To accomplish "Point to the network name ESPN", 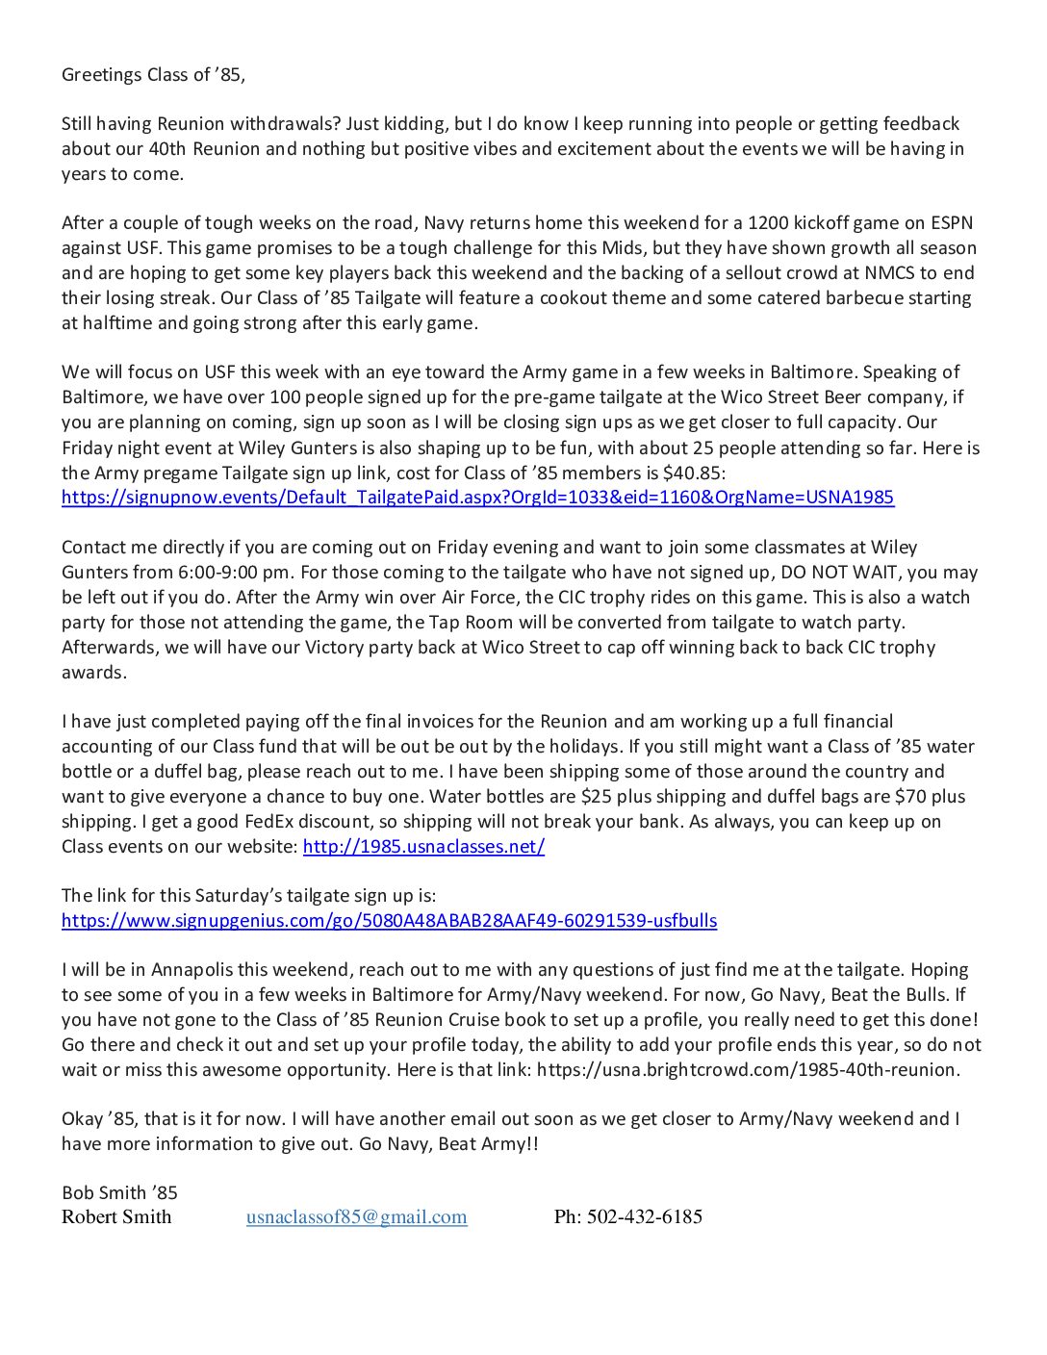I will click(952, 223).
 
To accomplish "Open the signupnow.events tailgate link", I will click(477, 498).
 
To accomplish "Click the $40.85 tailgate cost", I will click(694, 473).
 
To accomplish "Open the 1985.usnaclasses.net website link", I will click(423, 847).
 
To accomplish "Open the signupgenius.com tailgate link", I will click(389, 921).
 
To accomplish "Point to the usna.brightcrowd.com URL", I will click(748, 1070).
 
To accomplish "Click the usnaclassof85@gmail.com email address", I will click(356, 1217).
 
